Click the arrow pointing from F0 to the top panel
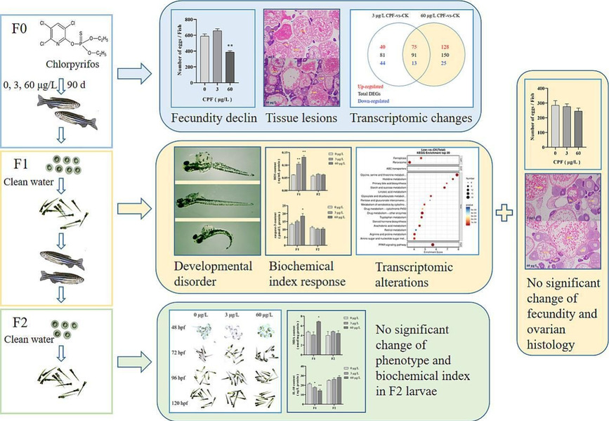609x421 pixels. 133,71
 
